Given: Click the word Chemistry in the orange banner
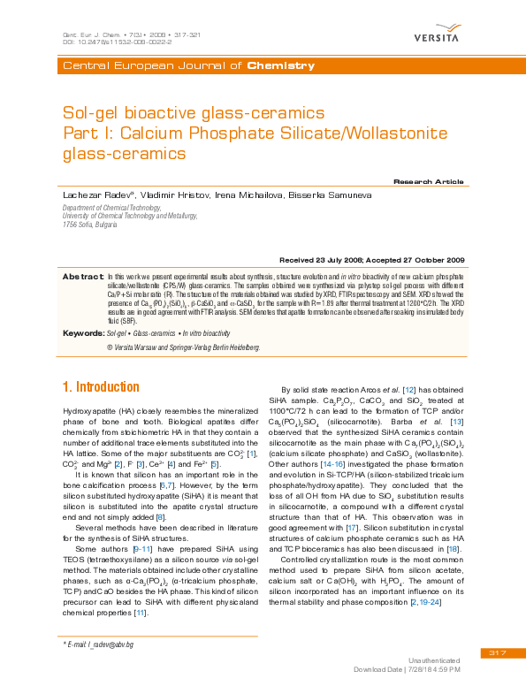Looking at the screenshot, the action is (281, 66).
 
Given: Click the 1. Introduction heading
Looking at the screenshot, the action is (101, 387).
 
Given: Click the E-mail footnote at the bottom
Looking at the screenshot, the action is (97, 645).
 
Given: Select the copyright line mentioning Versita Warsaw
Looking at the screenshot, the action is (183, 348).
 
